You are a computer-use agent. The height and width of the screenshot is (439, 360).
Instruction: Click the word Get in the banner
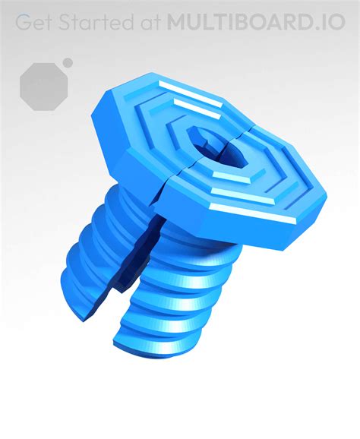36,22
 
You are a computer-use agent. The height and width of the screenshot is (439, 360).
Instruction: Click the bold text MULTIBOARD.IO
254,22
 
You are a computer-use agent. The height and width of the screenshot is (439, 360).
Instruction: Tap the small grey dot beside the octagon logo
68,62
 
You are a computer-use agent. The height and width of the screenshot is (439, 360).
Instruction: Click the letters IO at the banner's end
334,22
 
